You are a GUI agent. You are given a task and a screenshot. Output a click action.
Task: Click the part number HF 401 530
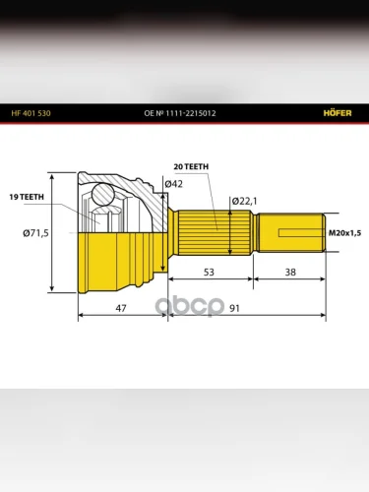pos(31,113)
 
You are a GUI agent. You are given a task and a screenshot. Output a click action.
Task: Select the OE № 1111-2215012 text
pos(180,113)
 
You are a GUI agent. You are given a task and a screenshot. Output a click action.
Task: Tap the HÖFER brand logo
pos(338,113)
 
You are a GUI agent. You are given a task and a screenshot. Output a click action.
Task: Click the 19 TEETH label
pos(27,197)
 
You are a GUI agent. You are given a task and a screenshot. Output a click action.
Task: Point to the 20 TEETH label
pos(191,167)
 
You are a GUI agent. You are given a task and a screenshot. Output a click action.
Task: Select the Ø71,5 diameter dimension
pos(35,233)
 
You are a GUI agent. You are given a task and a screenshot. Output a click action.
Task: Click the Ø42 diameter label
pos(173,184)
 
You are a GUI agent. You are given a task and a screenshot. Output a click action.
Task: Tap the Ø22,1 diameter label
pos(245,201)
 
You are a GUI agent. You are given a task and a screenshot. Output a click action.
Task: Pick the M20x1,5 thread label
pos(344,233)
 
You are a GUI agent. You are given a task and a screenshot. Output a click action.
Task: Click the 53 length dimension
pos(209,272)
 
